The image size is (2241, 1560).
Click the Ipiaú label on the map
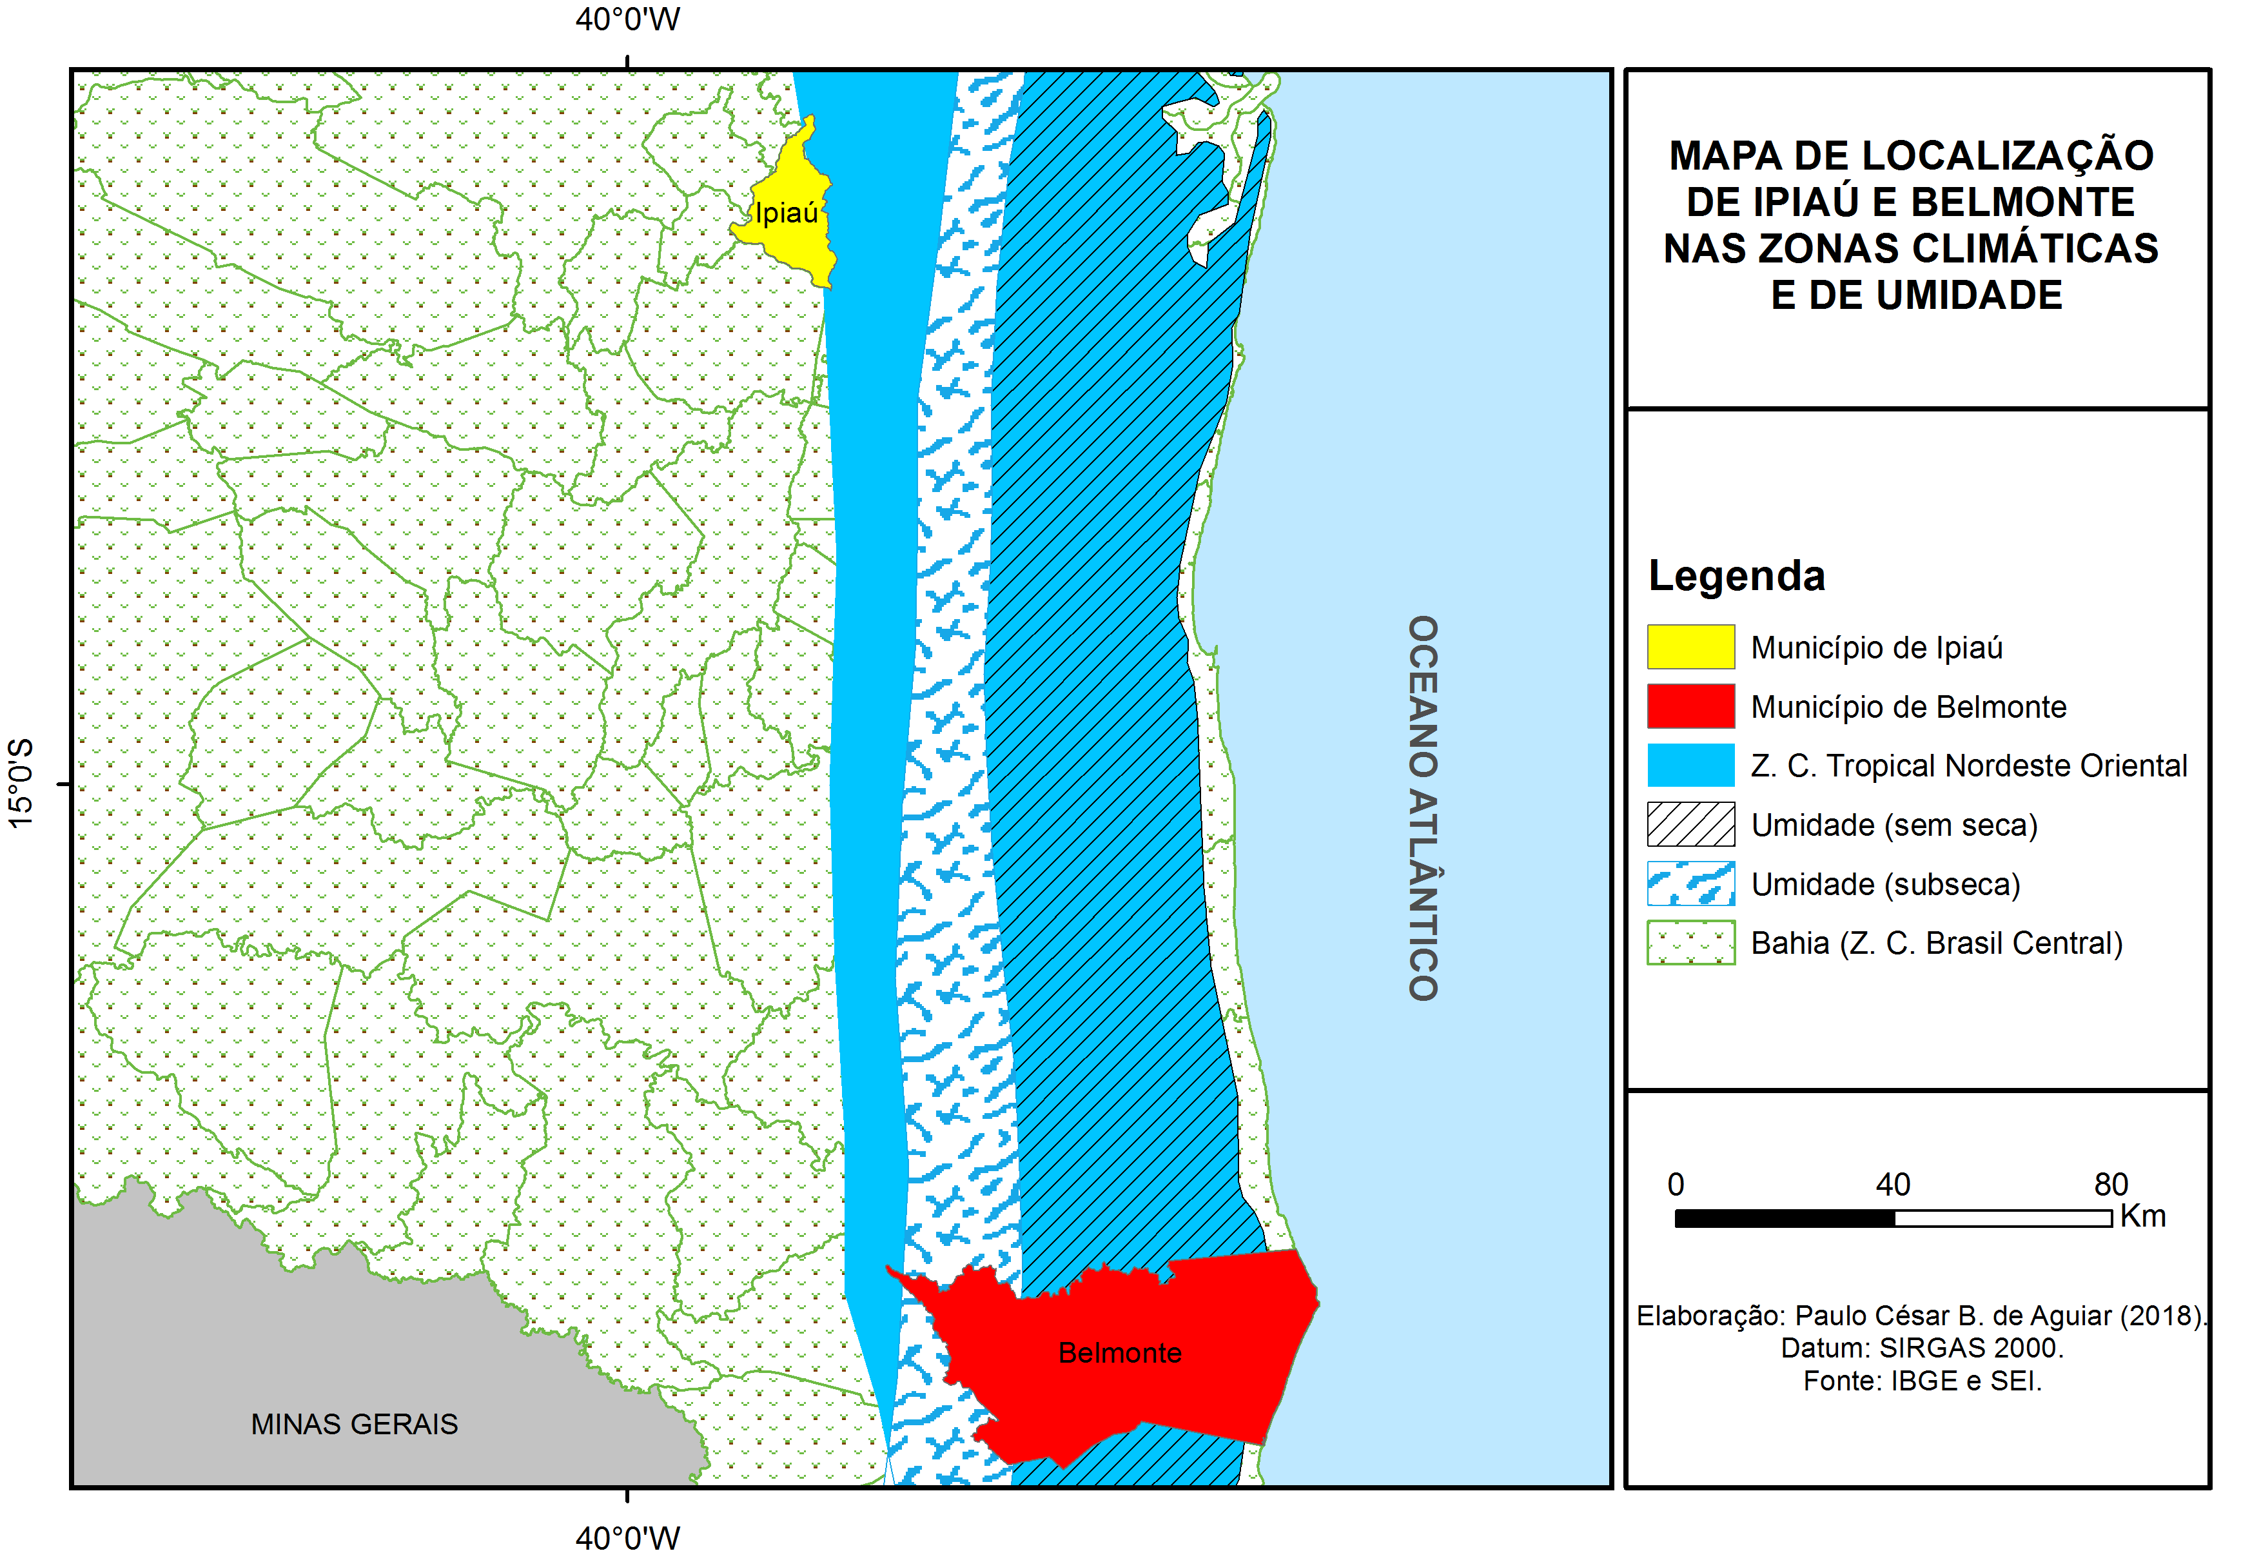[786, 213]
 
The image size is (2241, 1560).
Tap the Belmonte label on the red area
[1119, 1352]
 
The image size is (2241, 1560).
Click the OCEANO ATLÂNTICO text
[1422, 807]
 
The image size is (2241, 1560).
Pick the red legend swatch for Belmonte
[1690, 706]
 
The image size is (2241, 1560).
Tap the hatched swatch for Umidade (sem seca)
[1690, 824]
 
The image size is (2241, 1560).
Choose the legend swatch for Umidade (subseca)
[1690, 884]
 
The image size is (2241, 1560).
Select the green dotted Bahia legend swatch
[1690, 942]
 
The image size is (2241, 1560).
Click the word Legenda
[1736, 576]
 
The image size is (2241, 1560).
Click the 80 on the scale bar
[2110, 1184]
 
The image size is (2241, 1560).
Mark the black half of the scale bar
[1784, 1218]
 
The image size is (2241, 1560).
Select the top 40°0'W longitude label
[627, 19]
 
